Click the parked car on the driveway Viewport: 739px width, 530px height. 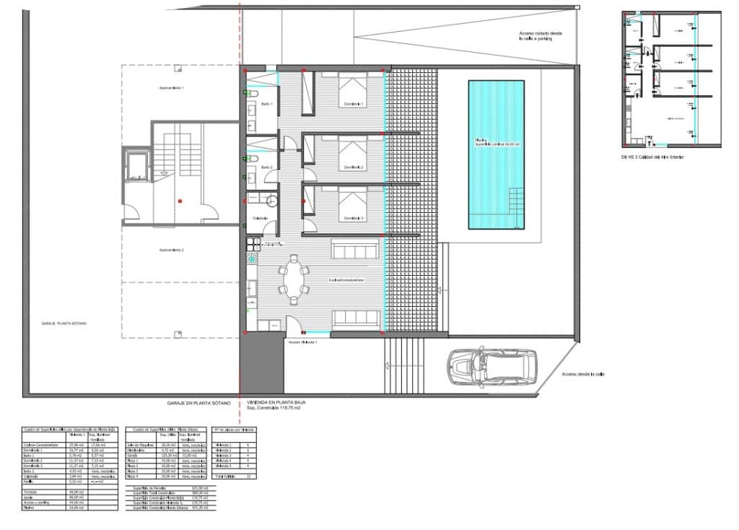pos(492,366)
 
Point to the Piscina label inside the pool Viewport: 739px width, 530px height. pos(497,142)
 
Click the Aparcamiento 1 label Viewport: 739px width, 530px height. pos(172,87)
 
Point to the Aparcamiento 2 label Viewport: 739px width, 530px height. pos(172,250)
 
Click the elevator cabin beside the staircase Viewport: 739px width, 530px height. pos(137,165)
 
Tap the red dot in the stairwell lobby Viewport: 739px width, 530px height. pos(180,200)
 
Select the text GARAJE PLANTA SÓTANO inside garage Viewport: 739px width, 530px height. pos(64,323)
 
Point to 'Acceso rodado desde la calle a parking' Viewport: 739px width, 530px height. pos(540,37)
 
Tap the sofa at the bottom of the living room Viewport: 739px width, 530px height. pos(357,318)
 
